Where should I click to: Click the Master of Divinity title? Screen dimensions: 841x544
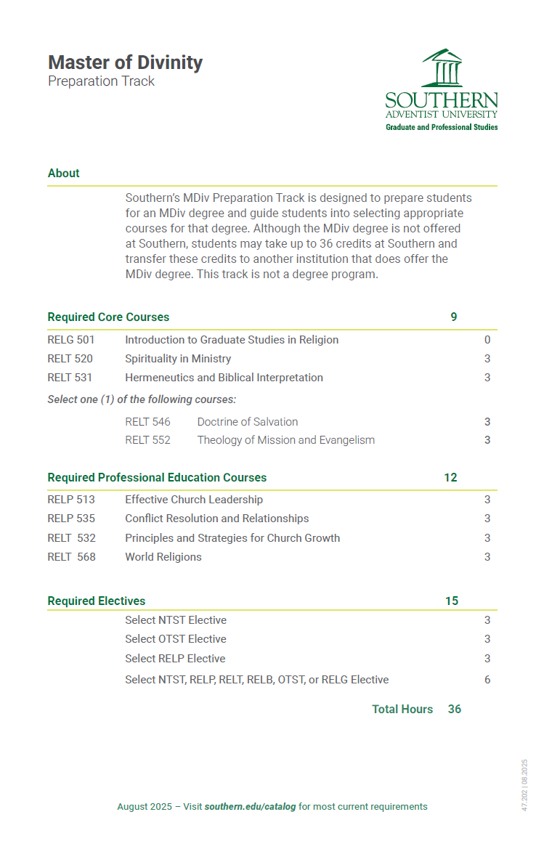[x=125, y=62]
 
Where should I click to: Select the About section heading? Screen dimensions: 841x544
[x=64, y=173]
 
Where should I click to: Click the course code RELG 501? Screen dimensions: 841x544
[x=71, y=339]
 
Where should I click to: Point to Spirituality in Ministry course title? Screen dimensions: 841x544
[x=178, y=358]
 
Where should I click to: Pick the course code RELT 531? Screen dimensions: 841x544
[x=70, y=377]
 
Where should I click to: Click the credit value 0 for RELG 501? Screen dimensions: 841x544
[x=487, y=339]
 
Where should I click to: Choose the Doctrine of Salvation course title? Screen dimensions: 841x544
[x=248, y=421]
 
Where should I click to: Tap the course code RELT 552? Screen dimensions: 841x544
[x=147, y=439]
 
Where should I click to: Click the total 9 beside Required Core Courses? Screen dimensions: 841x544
[x=454, y=317]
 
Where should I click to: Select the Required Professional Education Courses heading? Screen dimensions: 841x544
[x=157, y=477]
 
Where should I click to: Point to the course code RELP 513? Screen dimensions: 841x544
[x=71, y=499]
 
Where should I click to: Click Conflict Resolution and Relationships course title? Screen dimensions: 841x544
[x=217, y=518]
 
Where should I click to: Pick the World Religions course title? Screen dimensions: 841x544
[x=163, y=556]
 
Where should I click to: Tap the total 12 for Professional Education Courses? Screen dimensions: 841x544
[x=450, y=477]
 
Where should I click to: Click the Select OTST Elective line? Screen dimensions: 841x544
[x=176, y=638]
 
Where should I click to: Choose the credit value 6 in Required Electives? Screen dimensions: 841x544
[x=487, y=680]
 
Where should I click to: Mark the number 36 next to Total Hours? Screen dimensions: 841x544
[x=455, y=709]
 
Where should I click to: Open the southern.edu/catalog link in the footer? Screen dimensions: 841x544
[x=251, y=806]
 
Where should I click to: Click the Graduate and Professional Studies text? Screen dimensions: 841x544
[x=442, y=127]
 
